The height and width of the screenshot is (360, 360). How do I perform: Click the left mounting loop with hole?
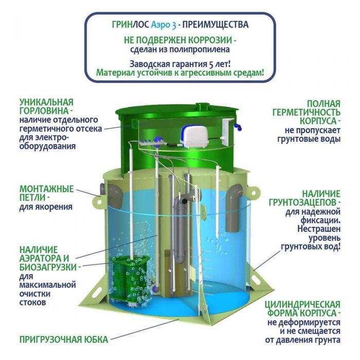tap(99, 201)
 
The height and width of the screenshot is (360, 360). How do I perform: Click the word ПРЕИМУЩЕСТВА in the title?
tap(215, 25)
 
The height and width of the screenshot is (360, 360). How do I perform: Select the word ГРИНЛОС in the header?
tap(131, 25)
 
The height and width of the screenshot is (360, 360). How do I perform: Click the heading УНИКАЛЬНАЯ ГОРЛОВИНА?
tap(46, 106)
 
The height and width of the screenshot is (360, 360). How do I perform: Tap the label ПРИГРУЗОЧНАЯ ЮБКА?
tap(64, 339)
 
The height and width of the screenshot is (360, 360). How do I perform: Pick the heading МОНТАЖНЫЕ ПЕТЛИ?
tap(46, 193)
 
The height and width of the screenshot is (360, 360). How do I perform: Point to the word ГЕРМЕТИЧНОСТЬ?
tap(307, 113)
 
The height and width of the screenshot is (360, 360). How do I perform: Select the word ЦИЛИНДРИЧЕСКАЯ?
tap(302, 304)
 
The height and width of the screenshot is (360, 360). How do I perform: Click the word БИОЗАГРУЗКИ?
tap(48, 267)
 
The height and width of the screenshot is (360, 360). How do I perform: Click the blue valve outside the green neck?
tap(238, 127)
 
